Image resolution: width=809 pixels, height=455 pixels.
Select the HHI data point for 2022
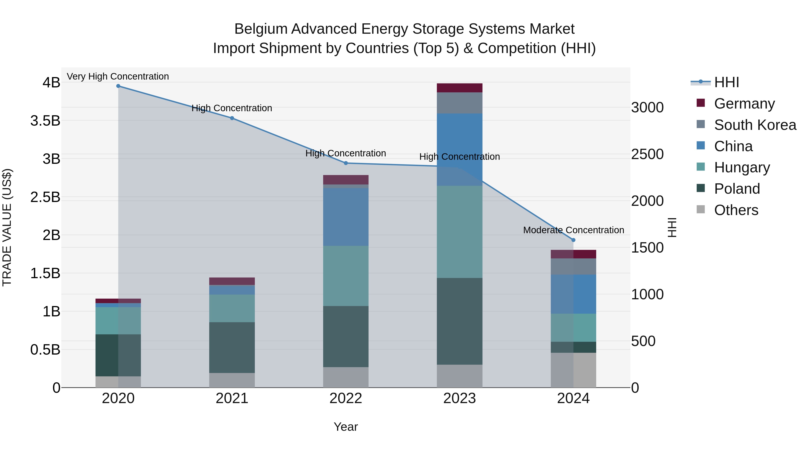click(x=346, y=163)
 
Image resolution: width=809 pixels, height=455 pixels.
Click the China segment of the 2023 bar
click(x=460, y=149)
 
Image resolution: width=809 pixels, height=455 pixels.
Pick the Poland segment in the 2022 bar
click(x=346, y=336)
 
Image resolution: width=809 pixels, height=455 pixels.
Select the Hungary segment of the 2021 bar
click(x=232, y=308)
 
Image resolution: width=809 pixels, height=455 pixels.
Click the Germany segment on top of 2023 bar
click(x=460, y=88)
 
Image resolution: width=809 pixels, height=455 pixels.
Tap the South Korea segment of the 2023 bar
click(x=460, y=103)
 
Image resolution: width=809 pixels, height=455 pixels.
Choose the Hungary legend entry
click(x=742, y=167)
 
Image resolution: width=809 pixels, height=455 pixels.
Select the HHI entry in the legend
click(x=726, y=82)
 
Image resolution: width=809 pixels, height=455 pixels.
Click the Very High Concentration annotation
click(x=118, y=77)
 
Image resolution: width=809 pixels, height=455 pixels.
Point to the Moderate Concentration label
click(x=573, y=230)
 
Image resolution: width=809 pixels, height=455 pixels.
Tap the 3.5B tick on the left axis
click(x=45, y=121)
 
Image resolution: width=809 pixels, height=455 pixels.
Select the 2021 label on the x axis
click(x=232, y=398)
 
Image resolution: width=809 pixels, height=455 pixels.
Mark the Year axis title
click(x=346, y=427)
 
